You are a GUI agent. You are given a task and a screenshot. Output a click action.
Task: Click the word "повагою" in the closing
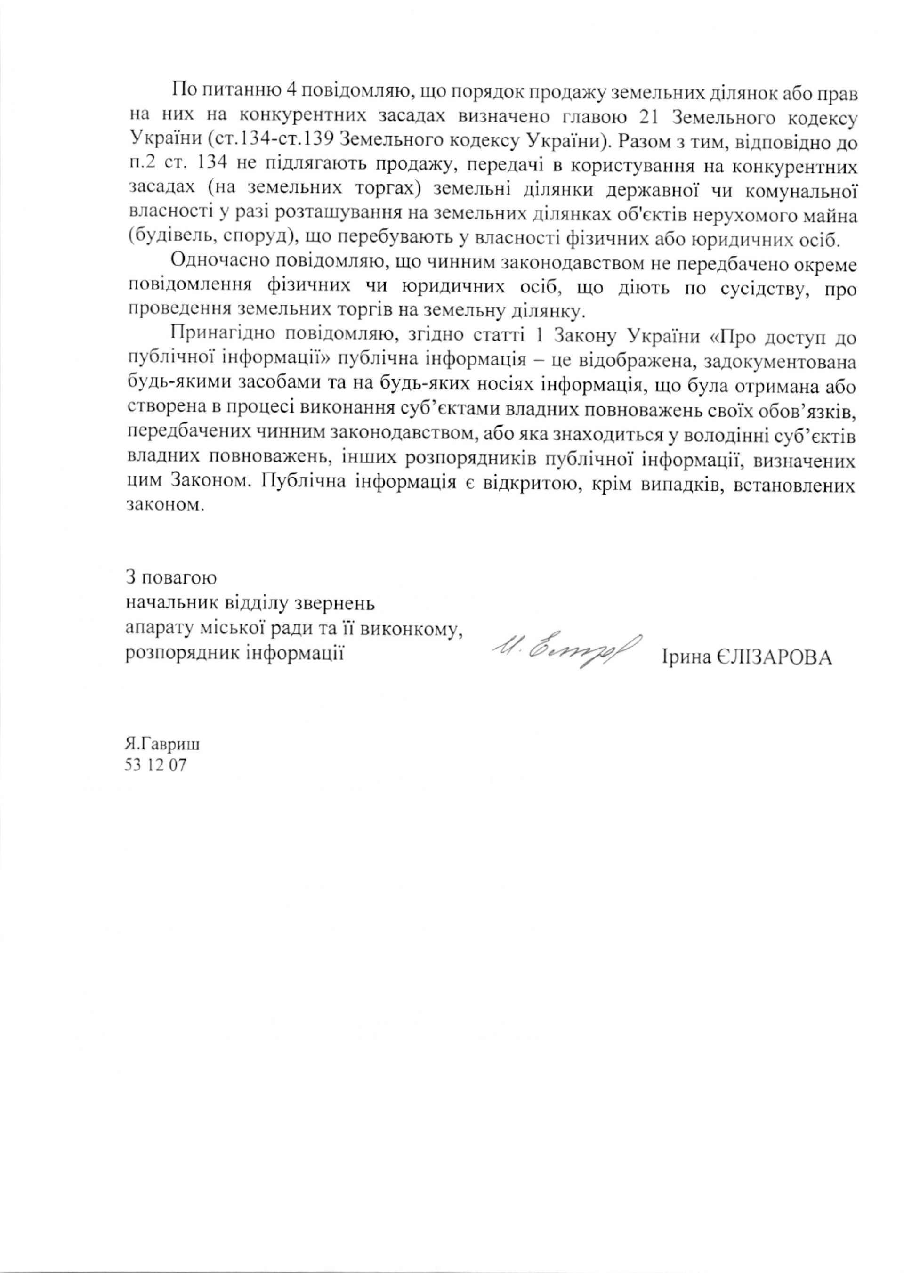[179, 577]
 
